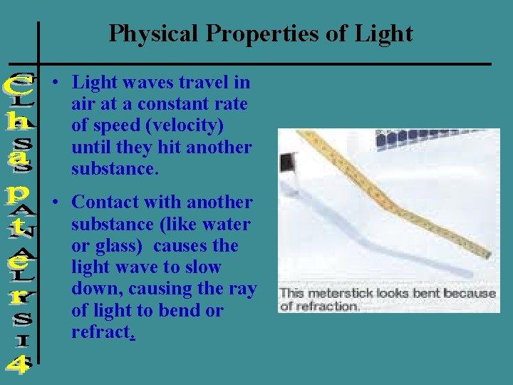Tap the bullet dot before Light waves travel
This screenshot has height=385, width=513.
click(x=55, y=83)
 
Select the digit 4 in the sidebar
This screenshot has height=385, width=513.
click(x=18, y=365)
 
